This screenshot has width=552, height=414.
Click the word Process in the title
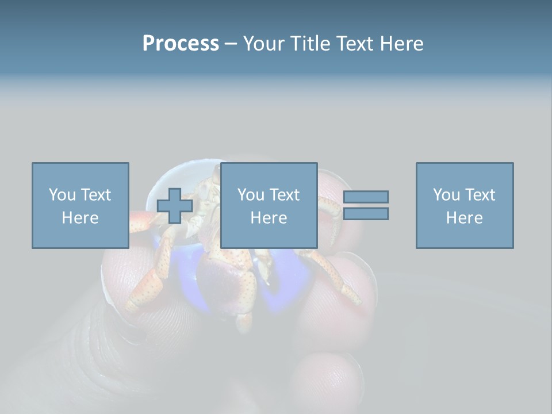[x=181, y=44]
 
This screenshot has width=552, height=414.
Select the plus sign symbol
[x=175, y=206]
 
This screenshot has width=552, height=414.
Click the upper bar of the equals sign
[x=366, y=197]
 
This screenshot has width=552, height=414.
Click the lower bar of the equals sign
[x=366, y=214]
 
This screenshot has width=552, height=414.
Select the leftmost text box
[x=80, y=205]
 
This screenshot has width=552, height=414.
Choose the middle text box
[x=269, y=205]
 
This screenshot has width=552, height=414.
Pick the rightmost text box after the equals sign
[x=465, y=205]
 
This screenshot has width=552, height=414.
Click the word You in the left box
[x=62, y=195]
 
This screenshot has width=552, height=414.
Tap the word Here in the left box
[x=80, y=218]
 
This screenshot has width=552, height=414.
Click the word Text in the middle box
[x=285, y=195]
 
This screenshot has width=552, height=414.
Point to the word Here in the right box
[x=465, y=218]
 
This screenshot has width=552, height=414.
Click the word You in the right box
[x=446, y=195]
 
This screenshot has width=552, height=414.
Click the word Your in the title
[x=263, y=44]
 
